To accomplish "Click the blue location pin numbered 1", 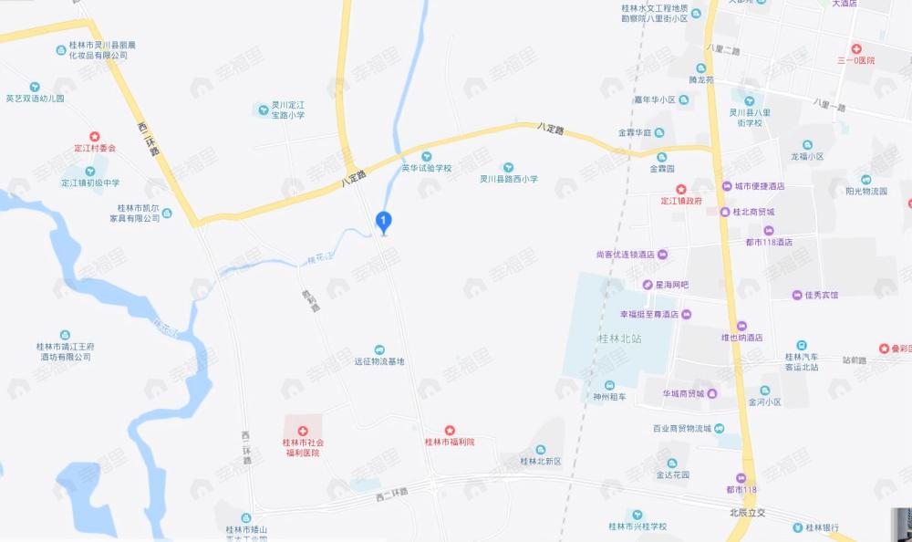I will click(x=384, y=221).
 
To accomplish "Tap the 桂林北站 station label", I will click(x=619, y=339).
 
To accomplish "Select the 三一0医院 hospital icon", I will click(x=855, y=48).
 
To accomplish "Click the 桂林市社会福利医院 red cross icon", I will click(x=303, y=431).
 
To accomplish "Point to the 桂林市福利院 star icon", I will click(x=450, y=430).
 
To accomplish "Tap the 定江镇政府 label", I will click(x=681, y=201).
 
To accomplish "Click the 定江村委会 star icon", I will click(x=95, y=136).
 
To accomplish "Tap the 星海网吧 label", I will click(x=671, y=285).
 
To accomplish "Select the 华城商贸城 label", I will click(x=684, y=393).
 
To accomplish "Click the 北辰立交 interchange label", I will click(x=748, y=512).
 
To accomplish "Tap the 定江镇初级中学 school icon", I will click(x=90, y=171).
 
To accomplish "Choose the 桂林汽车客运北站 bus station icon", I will click(x=801, y=344).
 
